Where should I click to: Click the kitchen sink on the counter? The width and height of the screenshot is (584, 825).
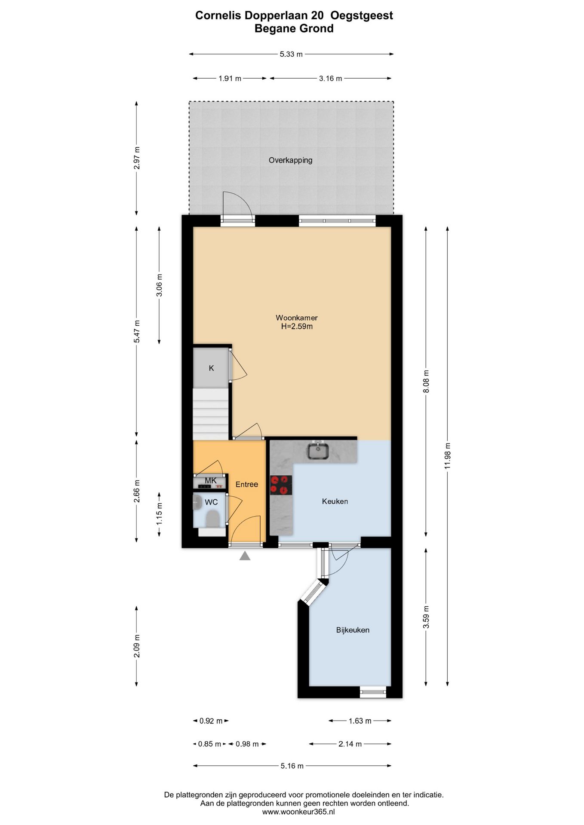(318, 451)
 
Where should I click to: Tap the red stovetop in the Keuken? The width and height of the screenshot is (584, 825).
(281, 485)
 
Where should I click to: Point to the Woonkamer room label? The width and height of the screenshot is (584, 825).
(297, 318)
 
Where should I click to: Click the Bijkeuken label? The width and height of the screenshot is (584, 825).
(353, 630)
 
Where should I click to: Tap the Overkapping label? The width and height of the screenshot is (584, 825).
(290, 160)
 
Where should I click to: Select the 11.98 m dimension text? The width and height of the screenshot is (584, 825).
(447, 456)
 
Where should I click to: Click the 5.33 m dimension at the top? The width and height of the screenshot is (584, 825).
(291, 54)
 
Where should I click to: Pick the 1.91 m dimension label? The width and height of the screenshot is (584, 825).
(230, 79)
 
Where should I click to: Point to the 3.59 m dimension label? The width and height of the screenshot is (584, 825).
(426, 617)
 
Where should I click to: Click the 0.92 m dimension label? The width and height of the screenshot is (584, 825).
(211, 721)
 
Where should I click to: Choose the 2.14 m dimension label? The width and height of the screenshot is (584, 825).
(350, 744)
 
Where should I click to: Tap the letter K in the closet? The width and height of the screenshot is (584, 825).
(211, 368)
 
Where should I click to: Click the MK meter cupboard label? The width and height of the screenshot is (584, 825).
(211, 480)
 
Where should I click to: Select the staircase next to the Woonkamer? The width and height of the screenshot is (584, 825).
(210, 414)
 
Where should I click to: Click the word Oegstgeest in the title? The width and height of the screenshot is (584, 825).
(362, 15)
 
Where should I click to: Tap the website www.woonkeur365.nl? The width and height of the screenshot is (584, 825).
(298, 812)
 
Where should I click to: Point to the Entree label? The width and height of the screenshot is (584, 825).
(247, 484)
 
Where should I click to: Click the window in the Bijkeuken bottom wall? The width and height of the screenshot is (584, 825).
(373, 691)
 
